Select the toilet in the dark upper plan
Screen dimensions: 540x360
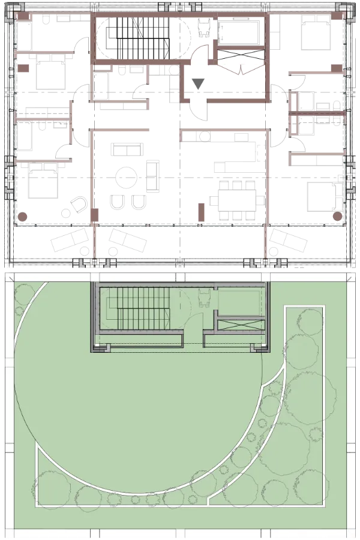[204, 27]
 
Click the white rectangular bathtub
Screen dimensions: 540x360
[239, 32]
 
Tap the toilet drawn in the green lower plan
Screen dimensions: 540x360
[204, 296]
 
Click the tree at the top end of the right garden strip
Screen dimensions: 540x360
[311, 320]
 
